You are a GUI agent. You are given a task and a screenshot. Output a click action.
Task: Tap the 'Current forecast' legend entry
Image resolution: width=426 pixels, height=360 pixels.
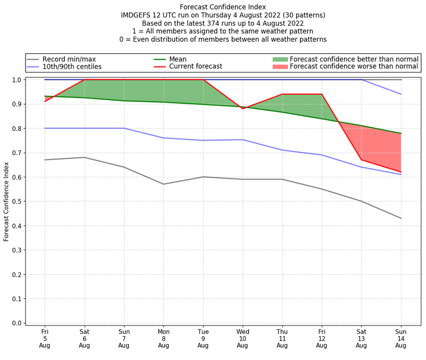(x=195, y=67)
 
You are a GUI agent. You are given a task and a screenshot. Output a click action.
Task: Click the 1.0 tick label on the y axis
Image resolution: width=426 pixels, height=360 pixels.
(x=18, y=80)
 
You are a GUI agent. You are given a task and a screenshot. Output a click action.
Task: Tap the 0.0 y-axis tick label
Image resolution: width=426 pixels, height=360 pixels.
(x=18, y=323)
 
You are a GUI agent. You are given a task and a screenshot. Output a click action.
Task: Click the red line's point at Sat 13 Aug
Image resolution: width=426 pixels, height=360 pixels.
(x=362, y=160)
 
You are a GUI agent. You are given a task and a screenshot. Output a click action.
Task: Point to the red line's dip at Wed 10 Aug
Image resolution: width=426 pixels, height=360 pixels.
(x=243, y=109)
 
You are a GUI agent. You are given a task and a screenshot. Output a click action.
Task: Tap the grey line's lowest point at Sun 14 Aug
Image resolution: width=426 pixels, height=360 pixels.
(x=401, y=218)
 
